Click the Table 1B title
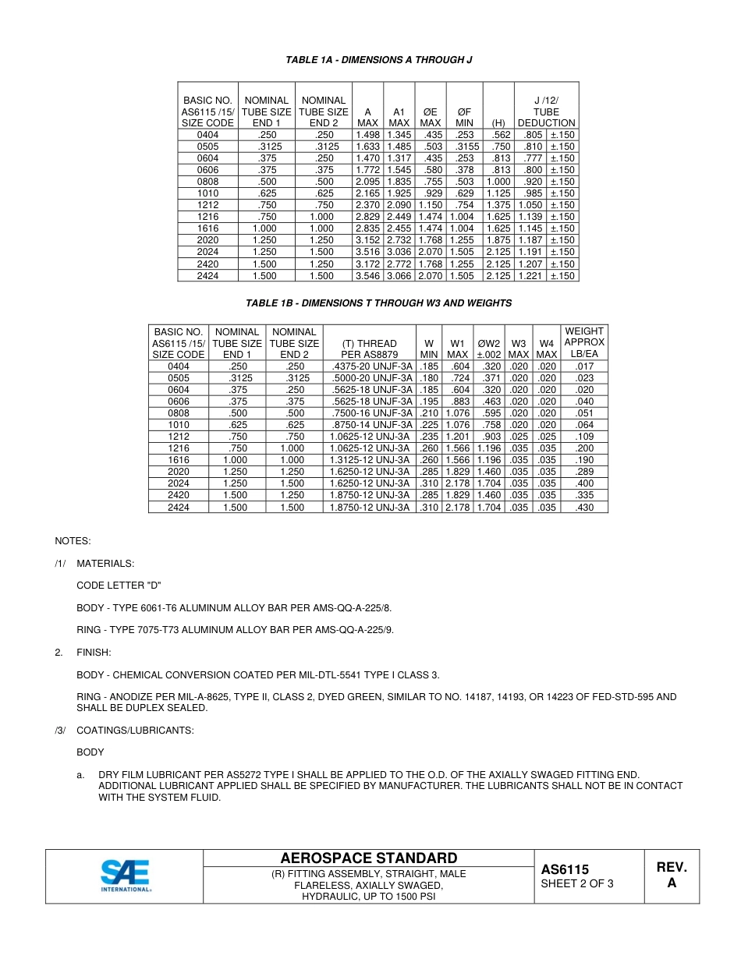pos(378,303)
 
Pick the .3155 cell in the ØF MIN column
pos(465,147)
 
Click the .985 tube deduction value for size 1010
pos(530,193)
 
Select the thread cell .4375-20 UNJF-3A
pos(369,366)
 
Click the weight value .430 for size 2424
pos(583,508)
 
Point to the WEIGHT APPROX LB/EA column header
pos(583,342)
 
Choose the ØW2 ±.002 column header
pos(489,348)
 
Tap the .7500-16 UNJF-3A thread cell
pos(369,413)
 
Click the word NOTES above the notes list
pos(73,540)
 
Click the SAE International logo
pos(126,876)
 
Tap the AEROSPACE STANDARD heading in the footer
pos(368,858)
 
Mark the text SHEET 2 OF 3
pos(577,884)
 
